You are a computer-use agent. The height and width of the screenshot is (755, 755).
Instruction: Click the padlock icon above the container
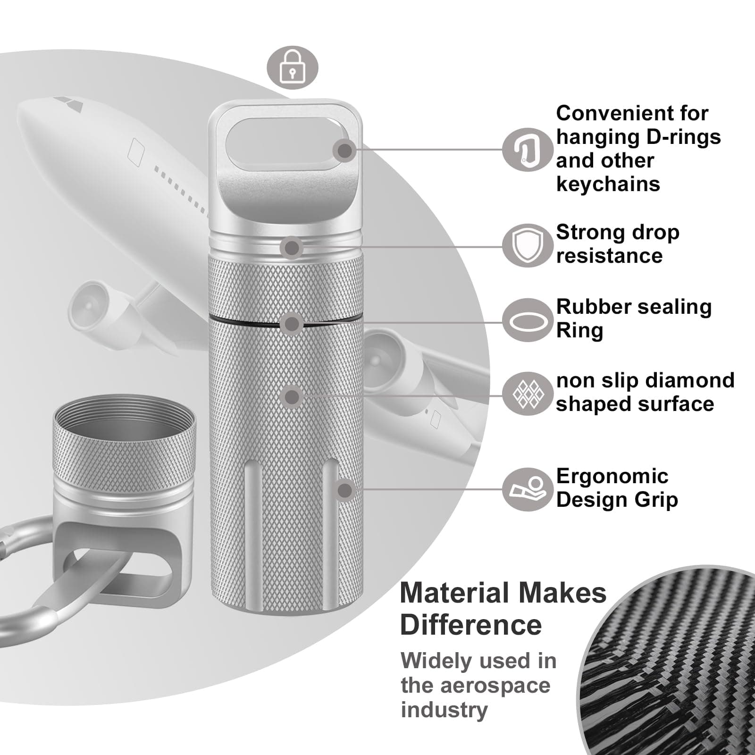pos(293,67)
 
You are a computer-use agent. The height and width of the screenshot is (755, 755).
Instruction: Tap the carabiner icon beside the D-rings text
pos(527,149)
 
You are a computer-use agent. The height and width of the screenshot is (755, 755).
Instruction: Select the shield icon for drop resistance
pos(527,245)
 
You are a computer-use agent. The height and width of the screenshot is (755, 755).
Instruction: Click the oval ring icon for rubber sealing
pos(527,320)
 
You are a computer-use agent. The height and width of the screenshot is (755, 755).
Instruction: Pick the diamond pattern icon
pos(527,394)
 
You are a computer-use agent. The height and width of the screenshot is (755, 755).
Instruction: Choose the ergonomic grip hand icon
pos(527,489)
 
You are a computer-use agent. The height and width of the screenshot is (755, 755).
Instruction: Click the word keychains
pos(608,184)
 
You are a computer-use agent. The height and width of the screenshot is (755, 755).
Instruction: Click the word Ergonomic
pos(612,477)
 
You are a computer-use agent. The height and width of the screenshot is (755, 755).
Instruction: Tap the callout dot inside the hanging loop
pos(345,151)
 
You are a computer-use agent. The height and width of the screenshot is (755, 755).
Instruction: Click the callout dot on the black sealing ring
pos(292,324)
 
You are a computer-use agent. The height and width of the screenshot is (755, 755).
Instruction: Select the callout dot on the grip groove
pos(345,490)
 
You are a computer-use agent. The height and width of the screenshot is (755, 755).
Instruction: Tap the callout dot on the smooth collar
pos(292,247)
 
